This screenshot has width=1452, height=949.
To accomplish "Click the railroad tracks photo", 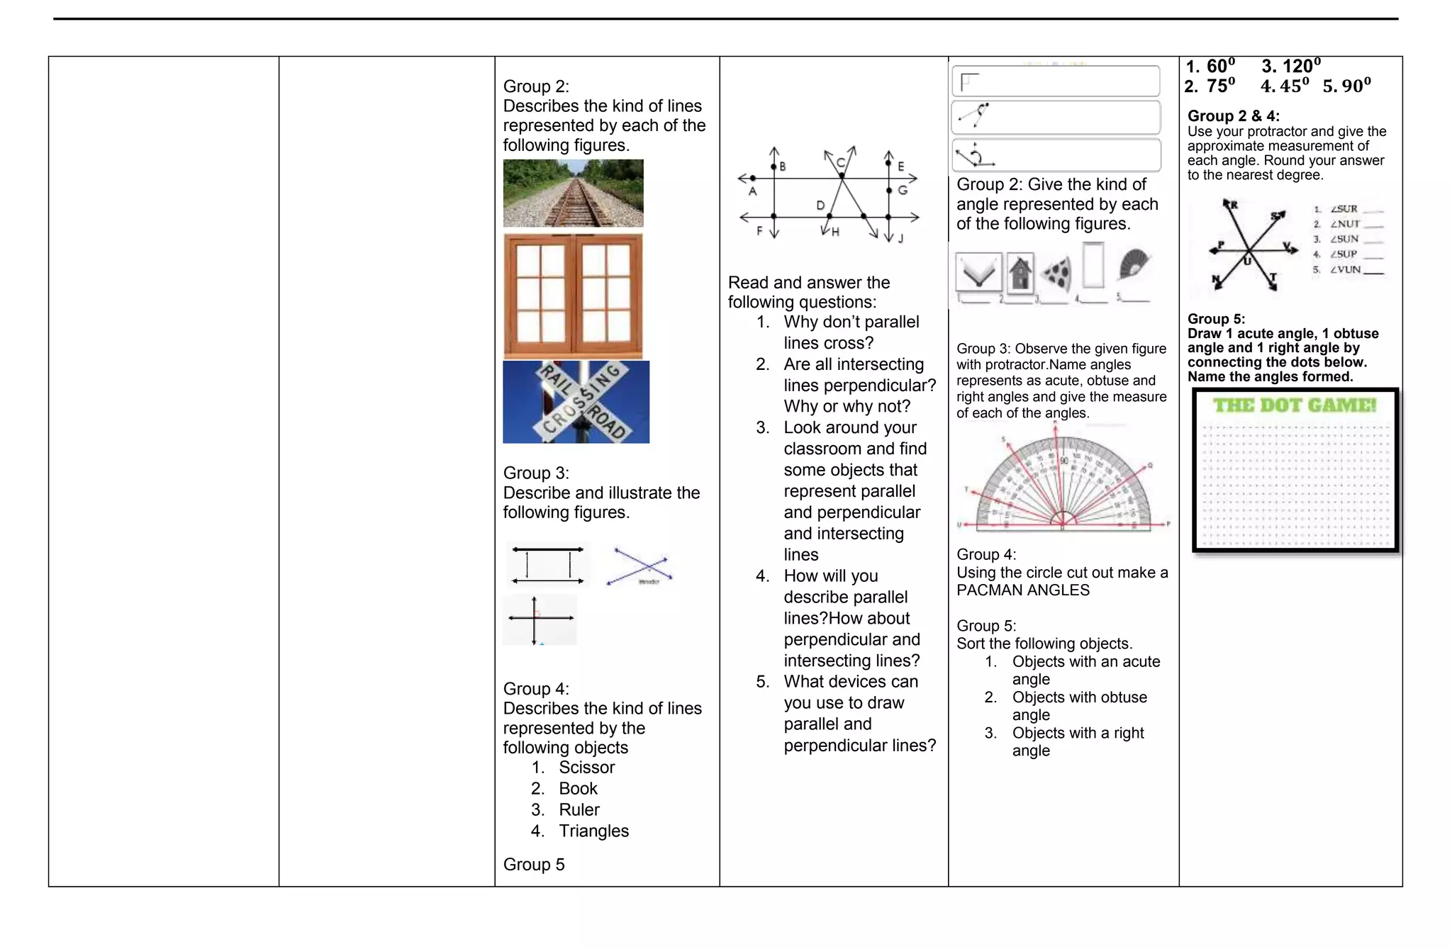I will click(x=573, y=193).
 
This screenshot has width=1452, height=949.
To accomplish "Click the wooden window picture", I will click(x=573, y=296).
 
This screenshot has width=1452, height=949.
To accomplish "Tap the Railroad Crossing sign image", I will click(x=576, y=402).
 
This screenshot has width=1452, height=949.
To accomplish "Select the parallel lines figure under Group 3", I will click(x=548, y=565).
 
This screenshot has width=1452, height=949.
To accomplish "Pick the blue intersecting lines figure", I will click(x=640, y=566).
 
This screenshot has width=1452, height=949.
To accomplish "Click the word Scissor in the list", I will click(x=586, y=767).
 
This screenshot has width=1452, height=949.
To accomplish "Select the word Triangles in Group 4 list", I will click(x=593, y=831).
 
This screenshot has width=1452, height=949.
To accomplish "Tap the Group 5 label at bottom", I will click(x=534, y=864).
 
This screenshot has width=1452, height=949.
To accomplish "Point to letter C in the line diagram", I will click(x=840, y=162).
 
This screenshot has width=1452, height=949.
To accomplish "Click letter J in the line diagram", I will click(x=900, y=239).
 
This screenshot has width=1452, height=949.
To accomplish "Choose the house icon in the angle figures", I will click(x=1020, y=273).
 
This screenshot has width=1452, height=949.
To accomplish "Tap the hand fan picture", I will click(x=1133, y=264).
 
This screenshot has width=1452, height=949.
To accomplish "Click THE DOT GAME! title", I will click(x=1294, y=405).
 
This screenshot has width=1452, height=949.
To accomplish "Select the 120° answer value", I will click(x=1291, y=66).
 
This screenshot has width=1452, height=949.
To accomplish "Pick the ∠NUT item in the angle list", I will click(x=1344, y=224).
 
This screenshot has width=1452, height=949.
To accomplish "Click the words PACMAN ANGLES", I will click(x=1022, y=590).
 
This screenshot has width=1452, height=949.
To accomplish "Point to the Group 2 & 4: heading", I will click(x=1233, y=116).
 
